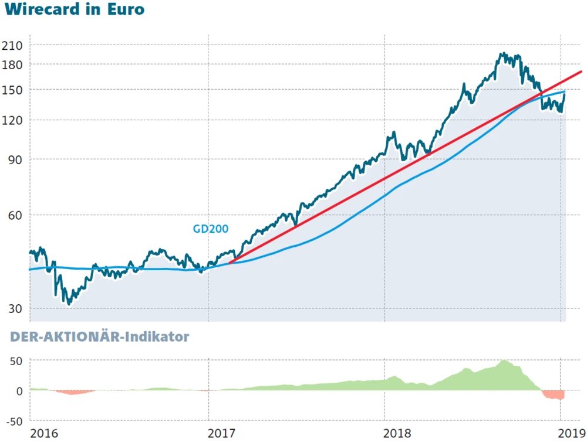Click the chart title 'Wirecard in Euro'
(x=75, y=11)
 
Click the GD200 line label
(x=211, y=229)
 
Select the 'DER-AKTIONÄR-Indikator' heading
(x=97, y=337)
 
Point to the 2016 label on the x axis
(x=44, y=434)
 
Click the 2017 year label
(x=221, y=434)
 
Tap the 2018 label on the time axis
(x=397, y=434)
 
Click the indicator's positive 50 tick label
(x=16, y=361)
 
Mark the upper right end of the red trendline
(x=581, y=72)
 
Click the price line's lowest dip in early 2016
(x=69, y=304)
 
